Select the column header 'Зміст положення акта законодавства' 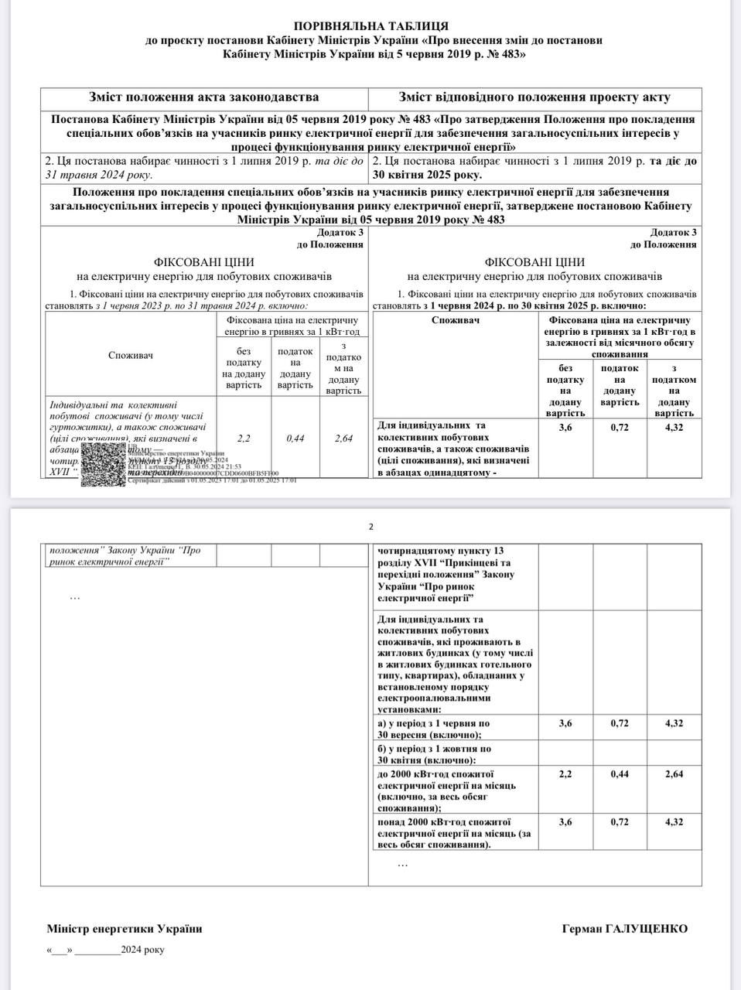[203, 97]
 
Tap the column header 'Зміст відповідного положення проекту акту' [534, 97]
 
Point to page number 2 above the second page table [370, 527]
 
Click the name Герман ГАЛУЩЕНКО [624, 929]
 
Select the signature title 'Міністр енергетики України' [124, 929]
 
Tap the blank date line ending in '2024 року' [105, 950]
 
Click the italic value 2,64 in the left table [343, 438]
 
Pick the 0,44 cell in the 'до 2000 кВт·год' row [620, 773]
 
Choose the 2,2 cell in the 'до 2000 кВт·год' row [565, 773]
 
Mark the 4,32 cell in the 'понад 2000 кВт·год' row [674, 821]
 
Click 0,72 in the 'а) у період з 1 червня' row [620, 723]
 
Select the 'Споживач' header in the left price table [131, 355]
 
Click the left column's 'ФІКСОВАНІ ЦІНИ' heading [203, 262]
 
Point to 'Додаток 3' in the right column [673, 232]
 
